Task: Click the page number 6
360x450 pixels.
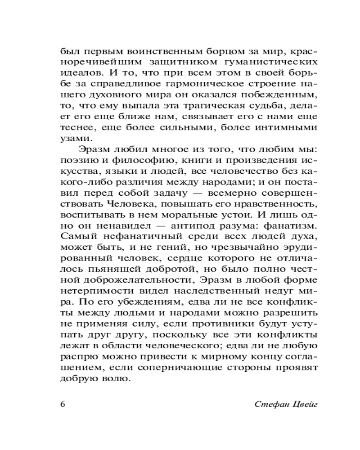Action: [x=63, y=403]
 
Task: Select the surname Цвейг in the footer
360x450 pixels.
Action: [x=305, y=403]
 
